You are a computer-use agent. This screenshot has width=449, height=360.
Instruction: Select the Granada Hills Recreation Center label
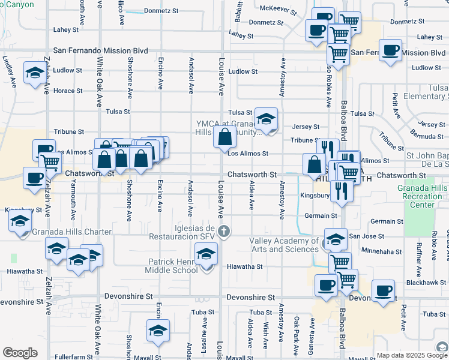423,196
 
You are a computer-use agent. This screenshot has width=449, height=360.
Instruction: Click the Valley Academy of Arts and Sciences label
283,245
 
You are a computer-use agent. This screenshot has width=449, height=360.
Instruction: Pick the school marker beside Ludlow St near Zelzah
34,74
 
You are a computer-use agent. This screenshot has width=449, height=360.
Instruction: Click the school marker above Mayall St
158,331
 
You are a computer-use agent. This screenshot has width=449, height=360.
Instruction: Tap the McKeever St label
278,10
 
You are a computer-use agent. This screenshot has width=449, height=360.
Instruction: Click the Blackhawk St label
426,283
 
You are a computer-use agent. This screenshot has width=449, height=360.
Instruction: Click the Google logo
20,353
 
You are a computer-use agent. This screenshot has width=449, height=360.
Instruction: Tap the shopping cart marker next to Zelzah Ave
50,161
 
